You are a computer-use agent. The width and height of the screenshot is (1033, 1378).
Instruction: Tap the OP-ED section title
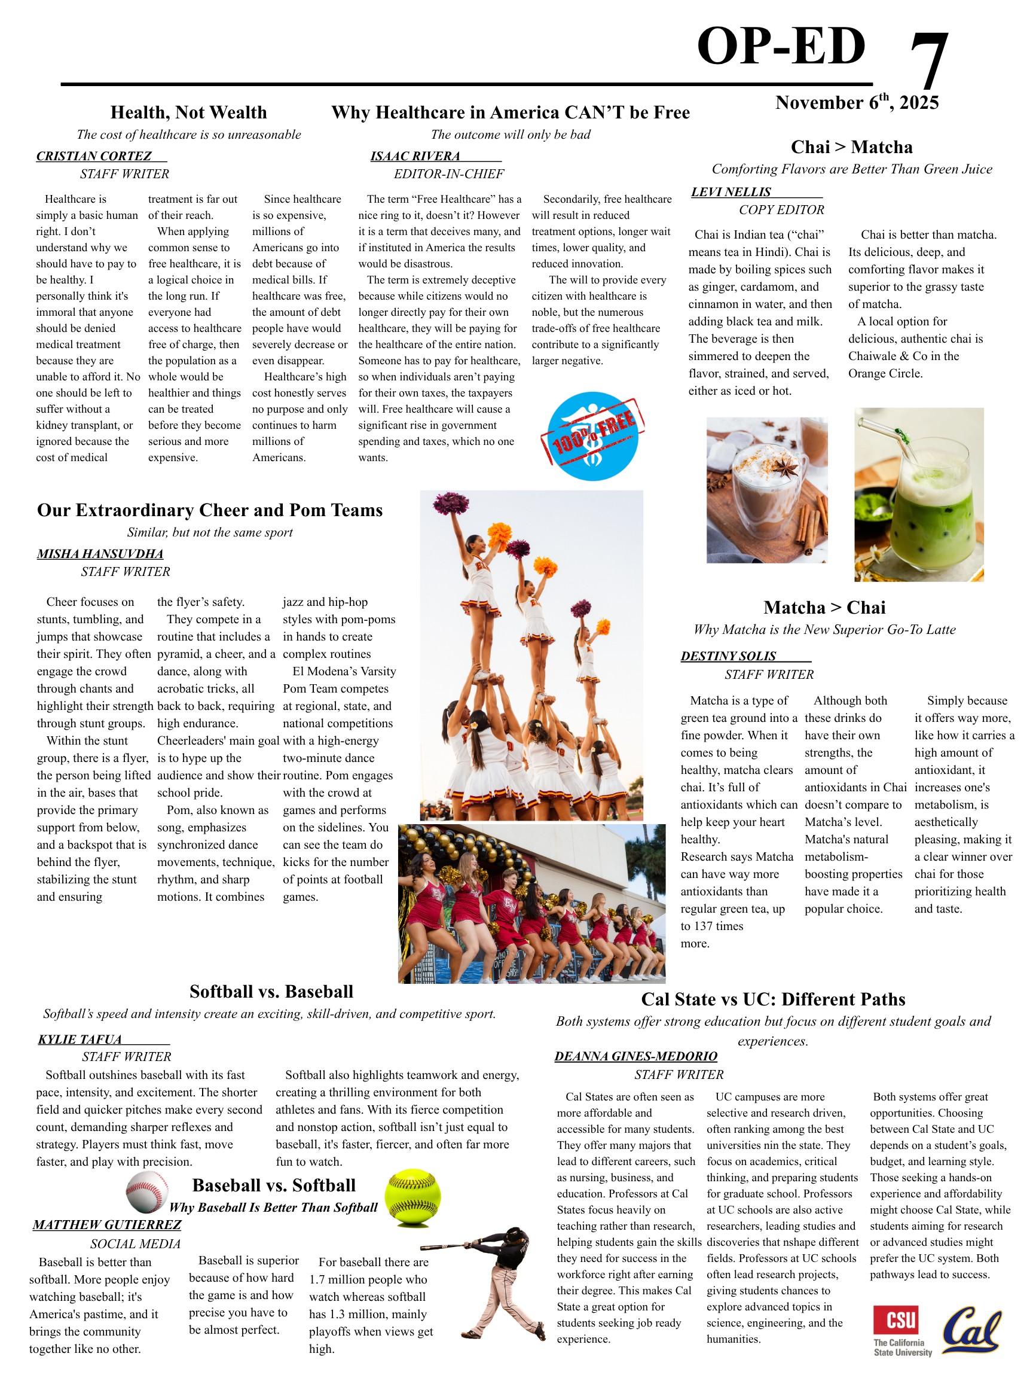coord(781,47)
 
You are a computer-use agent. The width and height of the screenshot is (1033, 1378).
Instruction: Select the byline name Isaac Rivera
coord(415,156)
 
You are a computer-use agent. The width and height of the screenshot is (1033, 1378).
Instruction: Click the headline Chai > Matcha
coord(851,147)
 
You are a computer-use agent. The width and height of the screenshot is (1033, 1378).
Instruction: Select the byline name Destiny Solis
coord(728,656)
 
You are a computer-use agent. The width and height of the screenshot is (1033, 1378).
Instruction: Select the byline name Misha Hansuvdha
coord(100,554)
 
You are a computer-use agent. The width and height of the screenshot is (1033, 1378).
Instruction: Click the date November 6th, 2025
coord(857,103)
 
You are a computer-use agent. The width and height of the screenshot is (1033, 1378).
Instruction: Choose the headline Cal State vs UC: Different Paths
coord(773,999)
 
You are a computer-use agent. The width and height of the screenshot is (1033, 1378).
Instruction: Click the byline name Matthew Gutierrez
coord(107,1225)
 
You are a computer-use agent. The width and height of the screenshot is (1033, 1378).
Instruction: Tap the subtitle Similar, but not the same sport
coord(210,533)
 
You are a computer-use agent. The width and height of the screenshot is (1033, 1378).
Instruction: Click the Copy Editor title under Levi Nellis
coord(781,210)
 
